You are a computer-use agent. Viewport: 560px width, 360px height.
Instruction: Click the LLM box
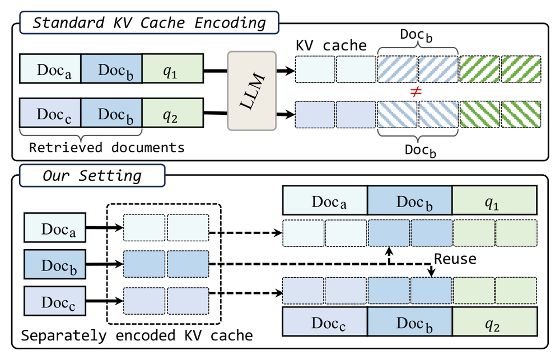252,91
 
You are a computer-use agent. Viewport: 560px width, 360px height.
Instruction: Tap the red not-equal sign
416,92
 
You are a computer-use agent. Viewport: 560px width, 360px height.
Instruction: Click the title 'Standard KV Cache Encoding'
150,23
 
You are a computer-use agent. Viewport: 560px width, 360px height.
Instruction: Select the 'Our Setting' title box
92,175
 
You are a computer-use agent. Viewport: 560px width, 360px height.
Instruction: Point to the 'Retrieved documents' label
107,147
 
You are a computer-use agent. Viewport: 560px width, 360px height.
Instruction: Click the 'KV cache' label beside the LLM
331,45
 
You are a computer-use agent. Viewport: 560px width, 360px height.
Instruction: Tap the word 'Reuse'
455,259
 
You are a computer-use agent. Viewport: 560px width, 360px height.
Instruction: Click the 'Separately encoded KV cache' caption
137,336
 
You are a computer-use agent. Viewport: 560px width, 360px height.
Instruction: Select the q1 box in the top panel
173,68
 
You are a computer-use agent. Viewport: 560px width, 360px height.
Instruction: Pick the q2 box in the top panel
173,113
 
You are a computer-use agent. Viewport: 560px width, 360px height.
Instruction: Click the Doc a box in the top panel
50,68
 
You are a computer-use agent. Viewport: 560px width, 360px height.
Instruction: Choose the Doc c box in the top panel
50,113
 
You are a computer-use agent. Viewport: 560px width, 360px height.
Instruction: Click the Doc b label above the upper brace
416,35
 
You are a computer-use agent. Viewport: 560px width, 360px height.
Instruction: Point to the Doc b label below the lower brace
421,150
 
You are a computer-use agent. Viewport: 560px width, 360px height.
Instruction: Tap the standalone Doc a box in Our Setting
55,227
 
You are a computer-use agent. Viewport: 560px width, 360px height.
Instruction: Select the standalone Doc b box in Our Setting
55,264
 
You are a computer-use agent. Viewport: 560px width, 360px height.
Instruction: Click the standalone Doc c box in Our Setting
55,301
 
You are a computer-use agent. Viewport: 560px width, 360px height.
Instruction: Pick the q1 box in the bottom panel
494,200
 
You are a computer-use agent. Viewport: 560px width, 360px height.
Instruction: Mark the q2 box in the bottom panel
494,321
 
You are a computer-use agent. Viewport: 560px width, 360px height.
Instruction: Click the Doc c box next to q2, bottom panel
325,321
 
